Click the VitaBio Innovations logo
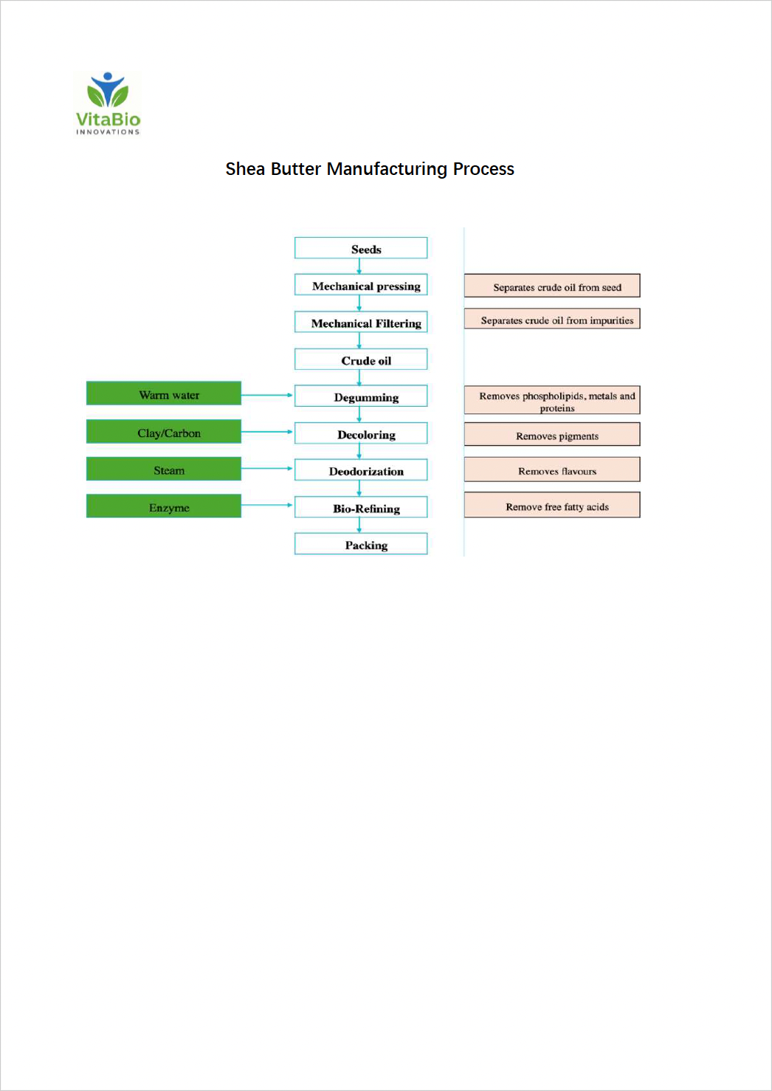[x=108, y=104]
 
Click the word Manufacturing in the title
[x=387, y=169]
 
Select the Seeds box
[x=361, y=248]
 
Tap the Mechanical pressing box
[x=361, y=285]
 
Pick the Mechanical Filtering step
[x=361, y=323]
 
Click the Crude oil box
[x=361, y=359]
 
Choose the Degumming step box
[x=361, y=396]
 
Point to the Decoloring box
[x=361, y=433]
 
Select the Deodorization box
[x=361, y=470]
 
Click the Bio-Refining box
[x=361, y=507]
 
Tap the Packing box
[x=361, y=544]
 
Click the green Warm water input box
[x=164, y=393]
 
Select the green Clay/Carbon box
[x=164, y=432]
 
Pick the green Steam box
[x=164, y=469]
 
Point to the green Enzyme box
[x=164, y=506]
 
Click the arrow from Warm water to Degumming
[x=267, y=396]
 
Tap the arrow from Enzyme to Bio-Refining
[x=267, y=505]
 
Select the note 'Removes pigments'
[x=552, y=435]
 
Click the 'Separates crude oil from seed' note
[x=552, y=286]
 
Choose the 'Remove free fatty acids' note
[x=552, y=506]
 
